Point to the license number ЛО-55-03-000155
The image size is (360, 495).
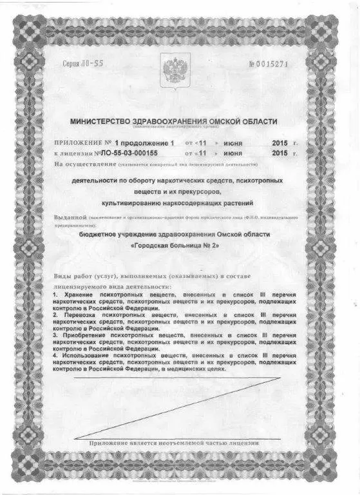(x=129, y=154)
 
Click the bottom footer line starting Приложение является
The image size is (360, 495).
(x=174, y=443)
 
